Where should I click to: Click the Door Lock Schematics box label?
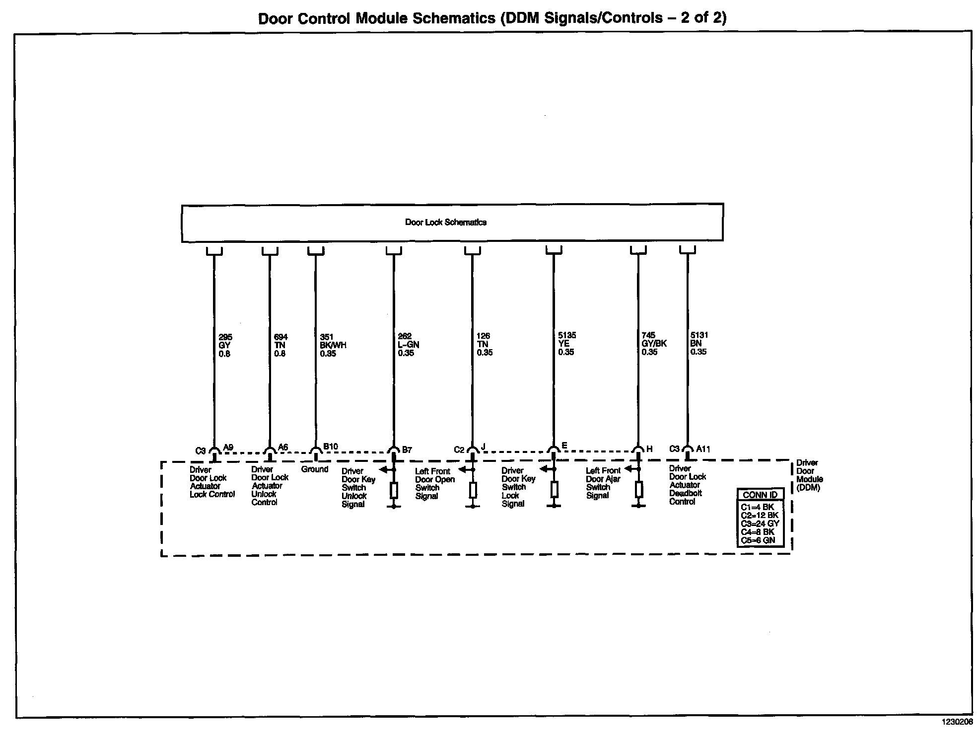445,223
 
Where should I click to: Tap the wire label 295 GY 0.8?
224,346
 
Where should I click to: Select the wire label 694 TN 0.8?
280,346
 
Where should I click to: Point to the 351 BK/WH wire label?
332,346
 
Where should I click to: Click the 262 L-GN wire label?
408,345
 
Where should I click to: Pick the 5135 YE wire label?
566,344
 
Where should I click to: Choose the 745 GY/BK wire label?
653,343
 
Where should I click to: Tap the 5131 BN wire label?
698,343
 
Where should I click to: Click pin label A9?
228,448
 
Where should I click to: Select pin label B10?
331,447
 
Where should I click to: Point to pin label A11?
703,449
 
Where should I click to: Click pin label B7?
407,450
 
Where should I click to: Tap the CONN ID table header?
760,495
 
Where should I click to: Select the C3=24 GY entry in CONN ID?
760,523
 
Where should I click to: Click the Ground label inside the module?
315,469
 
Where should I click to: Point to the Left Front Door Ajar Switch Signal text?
603,483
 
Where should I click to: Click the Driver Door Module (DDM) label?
809,475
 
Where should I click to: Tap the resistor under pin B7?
394,490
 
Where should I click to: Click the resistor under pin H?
639,490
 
